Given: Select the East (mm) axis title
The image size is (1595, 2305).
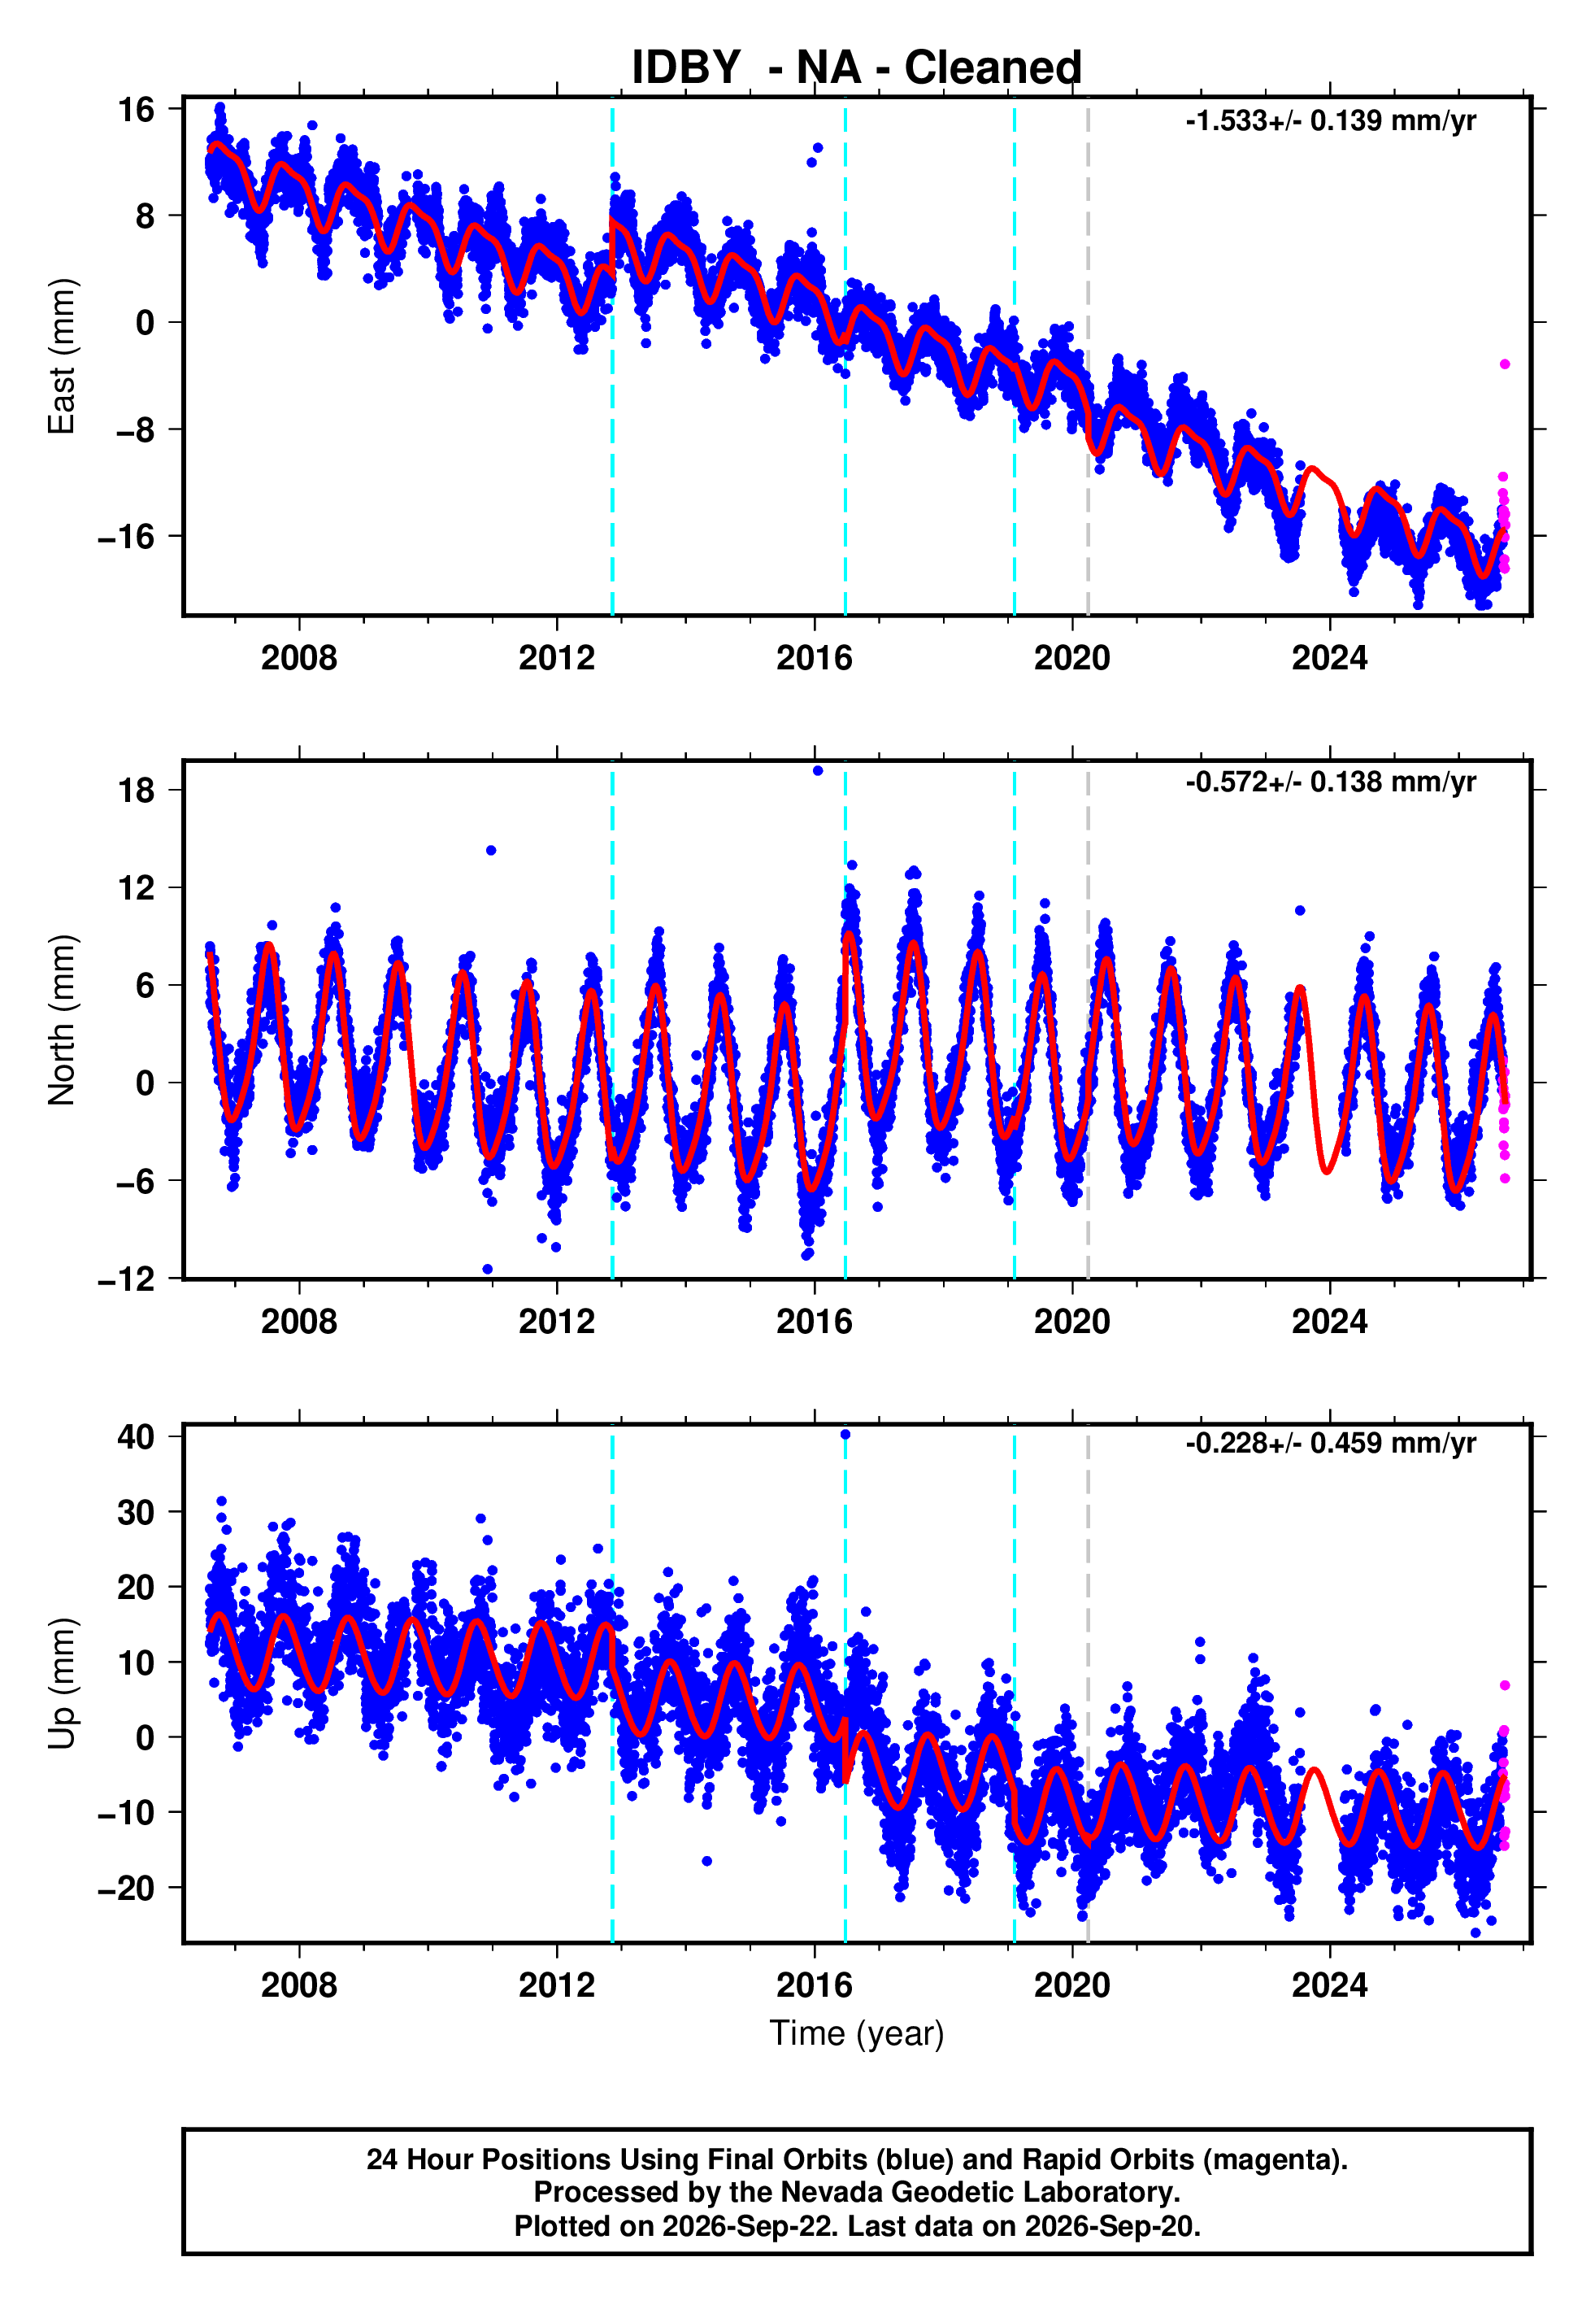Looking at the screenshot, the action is point(62,357).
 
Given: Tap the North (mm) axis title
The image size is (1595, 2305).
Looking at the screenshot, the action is point(62,1020).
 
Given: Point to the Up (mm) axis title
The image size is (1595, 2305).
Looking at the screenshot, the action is point(62,1684).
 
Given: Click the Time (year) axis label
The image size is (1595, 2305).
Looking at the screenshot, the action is point(857,2034).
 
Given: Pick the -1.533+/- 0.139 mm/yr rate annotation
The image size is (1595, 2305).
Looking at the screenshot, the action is point(1330,121).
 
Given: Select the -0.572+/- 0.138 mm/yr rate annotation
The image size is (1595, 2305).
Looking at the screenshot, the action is point(1330,782).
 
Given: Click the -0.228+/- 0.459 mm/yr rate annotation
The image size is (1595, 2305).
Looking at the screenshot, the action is point(1330,1444).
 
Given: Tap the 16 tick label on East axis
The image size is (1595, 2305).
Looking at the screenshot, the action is point(136,109).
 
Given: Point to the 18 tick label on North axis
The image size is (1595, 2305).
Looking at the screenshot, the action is point(136,791).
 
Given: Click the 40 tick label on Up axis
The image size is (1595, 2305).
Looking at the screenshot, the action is point(136,1436).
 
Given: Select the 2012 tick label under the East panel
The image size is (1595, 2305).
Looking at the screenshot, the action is point(557,658).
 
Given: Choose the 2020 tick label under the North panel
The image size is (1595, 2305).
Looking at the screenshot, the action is point(1072,1322).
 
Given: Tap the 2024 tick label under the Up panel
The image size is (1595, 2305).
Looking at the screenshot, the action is point(1330,1985).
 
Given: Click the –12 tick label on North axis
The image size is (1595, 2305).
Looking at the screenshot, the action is point(127,1279).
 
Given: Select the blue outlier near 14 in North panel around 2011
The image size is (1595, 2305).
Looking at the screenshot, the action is point(491,851).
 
